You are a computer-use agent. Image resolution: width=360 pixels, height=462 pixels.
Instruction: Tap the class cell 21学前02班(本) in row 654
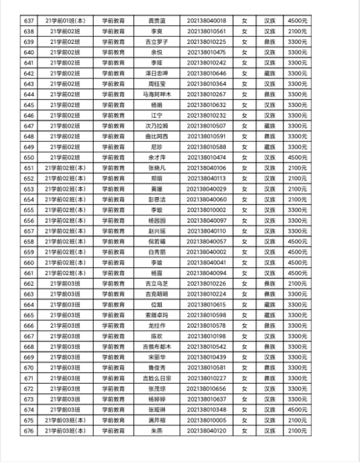[65, 199]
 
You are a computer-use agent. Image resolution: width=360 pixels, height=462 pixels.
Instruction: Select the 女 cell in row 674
[244, 410]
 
